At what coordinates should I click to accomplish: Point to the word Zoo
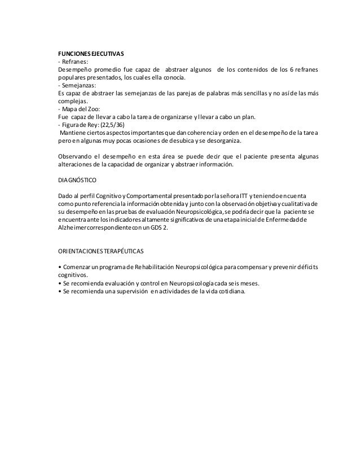pyautogui.click(x=93, y=110)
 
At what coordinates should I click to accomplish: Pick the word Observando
pyautogui.click(x=77, y=156)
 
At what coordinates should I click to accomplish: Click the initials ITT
pyautogui.click(x=246, y=195)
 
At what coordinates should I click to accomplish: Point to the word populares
pyautogui.click(x=73, y=78)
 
